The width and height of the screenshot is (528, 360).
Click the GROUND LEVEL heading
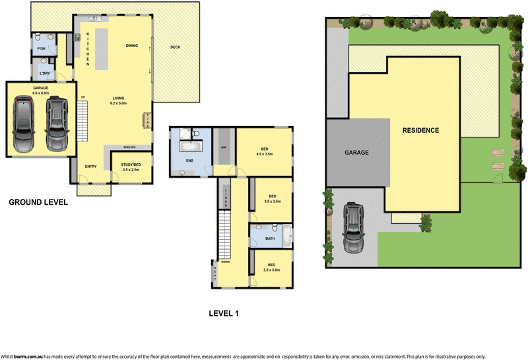38,203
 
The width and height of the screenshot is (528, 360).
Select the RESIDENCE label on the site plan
420,130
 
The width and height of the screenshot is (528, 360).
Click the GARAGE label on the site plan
356,152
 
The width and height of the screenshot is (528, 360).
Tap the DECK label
175,47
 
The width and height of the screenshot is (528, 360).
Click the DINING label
132,46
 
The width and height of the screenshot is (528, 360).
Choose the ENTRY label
91,166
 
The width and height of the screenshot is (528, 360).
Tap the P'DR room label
41,49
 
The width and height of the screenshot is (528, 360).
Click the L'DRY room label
45,73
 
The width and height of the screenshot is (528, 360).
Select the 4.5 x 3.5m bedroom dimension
265,154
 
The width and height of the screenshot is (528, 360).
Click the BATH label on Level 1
270,238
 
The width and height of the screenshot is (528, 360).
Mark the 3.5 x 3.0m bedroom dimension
272,270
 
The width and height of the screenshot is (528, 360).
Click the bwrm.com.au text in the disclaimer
28,355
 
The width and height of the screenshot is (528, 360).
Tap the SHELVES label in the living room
129,147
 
